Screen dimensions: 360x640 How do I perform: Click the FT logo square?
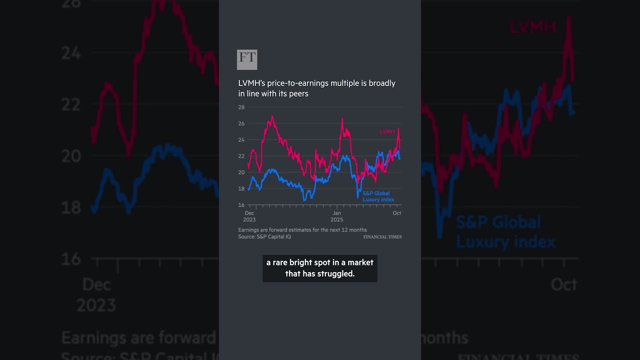247,59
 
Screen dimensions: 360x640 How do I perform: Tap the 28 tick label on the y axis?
241,107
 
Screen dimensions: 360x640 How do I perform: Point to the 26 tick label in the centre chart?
241,123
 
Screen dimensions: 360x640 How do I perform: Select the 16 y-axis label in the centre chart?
241,205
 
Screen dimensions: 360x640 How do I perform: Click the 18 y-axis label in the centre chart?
241,188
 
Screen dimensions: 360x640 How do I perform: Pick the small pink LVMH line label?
387,131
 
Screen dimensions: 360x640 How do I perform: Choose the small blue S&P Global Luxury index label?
378,196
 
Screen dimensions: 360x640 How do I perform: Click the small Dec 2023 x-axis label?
249,216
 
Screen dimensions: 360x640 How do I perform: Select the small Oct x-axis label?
396,213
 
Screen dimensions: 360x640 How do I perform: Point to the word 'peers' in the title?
298,93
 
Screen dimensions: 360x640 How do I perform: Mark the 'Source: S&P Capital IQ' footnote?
264,236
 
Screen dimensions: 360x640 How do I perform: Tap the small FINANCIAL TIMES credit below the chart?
382,237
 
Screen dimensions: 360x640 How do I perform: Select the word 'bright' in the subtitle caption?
299,262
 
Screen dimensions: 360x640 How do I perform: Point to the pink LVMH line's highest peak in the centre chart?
272,116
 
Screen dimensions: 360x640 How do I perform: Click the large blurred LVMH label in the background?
532,27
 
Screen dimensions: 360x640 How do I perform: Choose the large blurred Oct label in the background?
563,284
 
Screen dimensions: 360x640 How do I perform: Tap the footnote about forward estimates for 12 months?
302,230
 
